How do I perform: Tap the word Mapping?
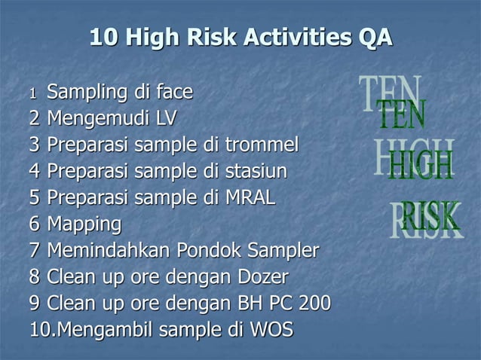tap(84, 224)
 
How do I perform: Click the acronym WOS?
tap(271, 330)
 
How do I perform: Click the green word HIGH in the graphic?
tap(421, 166)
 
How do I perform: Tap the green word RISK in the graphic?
tap(430, 217)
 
